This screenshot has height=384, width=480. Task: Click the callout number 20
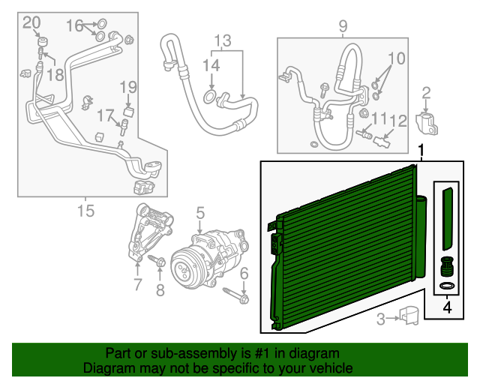[31, 22]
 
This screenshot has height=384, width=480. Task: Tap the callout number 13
[223, 40]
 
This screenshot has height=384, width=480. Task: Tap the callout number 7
[137, 283]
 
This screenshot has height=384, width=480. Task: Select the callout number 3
[381, 320]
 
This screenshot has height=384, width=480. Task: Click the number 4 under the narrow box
[447, 306]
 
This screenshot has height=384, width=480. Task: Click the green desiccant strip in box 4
[448, 217]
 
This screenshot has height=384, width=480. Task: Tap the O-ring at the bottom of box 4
[447, 286]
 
